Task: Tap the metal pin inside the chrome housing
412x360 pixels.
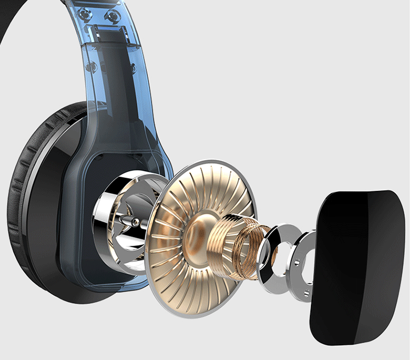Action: coord(132,222)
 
